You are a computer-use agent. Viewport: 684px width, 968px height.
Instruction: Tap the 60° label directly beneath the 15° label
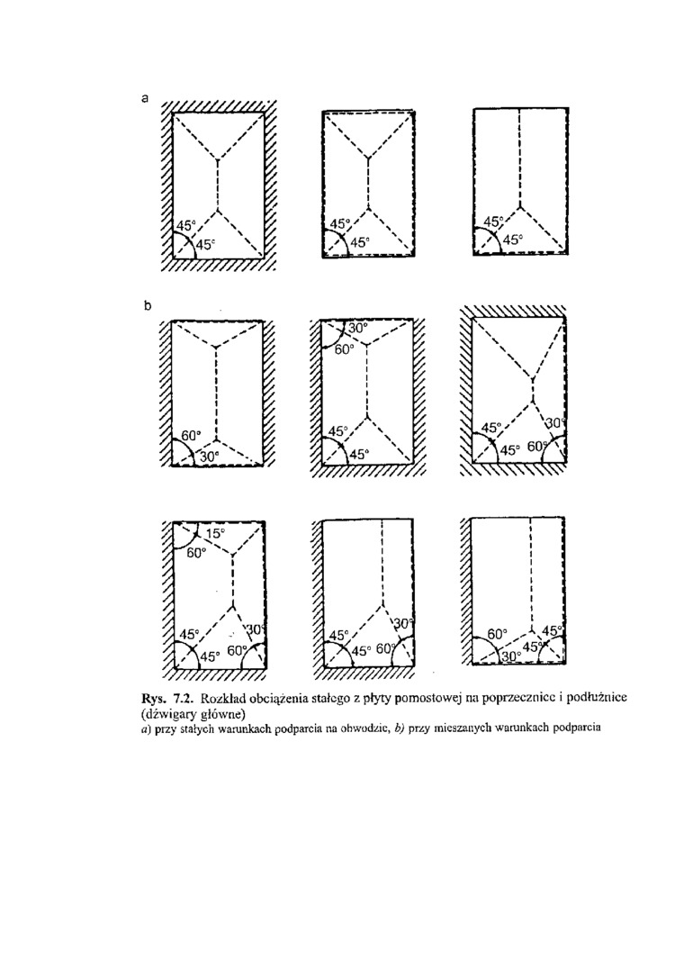[x=197, y=553]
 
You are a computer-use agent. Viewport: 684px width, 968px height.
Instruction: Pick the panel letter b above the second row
[x=147, y=305]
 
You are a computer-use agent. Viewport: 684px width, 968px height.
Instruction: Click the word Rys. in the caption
[x=154, y=698]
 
